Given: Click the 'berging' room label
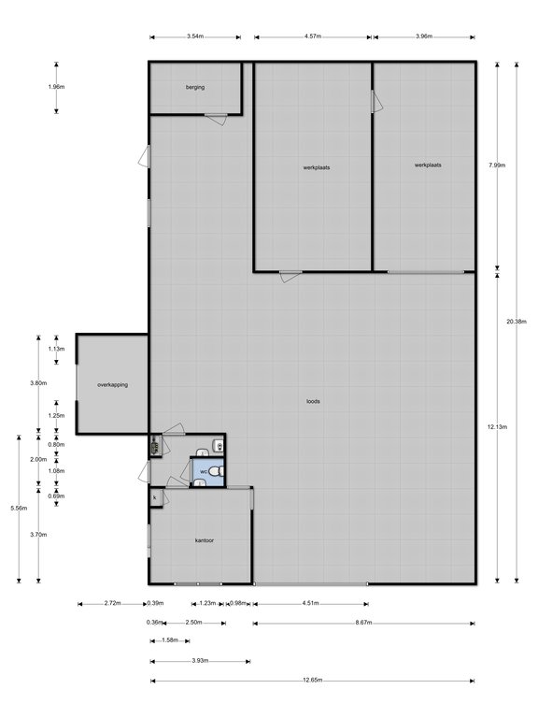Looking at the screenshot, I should pos(195,87).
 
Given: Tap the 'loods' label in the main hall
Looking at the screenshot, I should pos(314,402).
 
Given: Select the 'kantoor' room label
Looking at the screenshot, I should pos(205,540).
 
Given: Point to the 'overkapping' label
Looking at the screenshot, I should pos(112,384).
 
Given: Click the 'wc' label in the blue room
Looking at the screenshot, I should pos(203,471).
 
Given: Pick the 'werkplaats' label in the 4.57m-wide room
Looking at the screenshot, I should pos(316,167).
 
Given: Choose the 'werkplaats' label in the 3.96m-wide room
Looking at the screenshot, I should pos(428,165).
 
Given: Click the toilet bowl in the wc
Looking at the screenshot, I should pos(216,470).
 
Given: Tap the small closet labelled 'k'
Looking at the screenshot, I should pos(154,498).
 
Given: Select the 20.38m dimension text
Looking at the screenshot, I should pos(517,321).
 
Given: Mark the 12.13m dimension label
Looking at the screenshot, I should pos(498,426).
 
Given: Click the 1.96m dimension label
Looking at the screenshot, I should pos(56,87).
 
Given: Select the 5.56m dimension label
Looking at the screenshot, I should pos(19,508).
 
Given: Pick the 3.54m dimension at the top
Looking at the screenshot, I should pos(195,36).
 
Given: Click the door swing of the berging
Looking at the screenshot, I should pos(216,119).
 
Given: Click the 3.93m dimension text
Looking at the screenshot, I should pos(200,660).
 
